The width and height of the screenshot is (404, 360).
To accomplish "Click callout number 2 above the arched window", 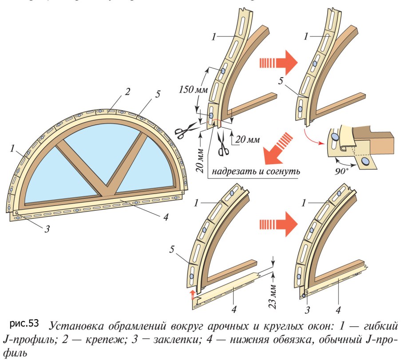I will [127, 92].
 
